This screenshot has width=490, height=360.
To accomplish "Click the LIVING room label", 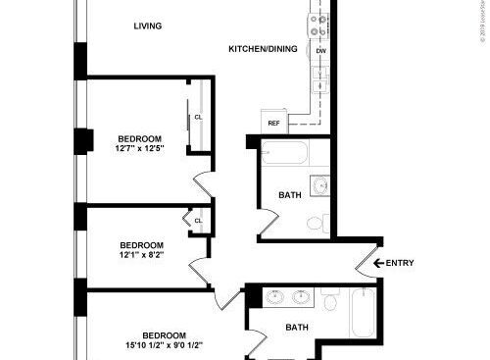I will point(148,26).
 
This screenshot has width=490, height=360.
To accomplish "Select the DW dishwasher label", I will point(320,50).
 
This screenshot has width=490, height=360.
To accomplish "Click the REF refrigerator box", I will point(273,123).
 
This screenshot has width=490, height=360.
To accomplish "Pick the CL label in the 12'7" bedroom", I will point(198,117).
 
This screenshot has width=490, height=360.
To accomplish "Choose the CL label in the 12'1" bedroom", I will point(198,221).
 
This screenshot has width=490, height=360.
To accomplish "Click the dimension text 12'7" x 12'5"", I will point(140,149).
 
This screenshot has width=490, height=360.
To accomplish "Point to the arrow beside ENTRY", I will point(376,263).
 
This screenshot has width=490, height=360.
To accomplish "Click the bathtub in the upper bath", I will point(285,154).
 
